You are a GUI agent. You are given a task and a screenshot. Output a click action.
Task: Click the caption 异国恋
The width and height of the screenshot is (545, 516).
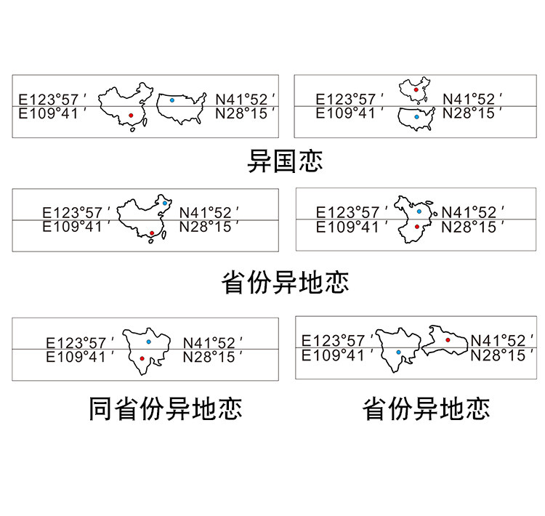[x=284, y=160]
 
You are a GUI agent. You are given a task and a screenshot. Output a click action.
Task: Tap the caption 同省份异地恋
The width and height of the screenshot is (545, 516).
[x=165, y=408]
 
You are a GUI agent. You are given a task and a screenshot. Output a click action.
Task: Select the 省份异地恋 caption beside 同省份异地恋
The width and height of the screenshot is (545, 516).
[x=426, y=408]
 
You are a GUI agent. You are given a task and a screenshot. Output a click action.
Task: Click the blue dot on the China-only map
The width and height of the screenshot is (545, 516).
[x=166, y=203]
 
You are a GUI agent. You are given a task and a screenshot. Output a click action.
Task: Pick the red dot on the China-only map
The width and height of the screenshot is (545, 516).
[x=150, y=233]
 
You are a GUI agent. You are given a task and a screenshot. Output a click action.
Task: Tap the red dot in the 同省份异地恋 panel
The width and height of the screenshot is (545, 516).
[x=142, y=358]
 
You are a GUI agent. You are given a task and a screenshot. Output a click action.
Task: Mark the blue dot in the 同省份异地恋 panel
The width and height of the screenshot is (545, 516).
[x=148, y=340]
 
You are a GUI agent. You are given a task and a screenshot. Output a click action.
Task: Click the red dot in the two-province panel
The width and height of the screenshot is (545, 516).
[x=448, y=339]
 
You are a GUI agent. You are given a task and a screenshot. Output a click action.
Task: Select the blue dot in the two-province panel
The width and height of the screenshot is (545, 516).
[x=398, y=352]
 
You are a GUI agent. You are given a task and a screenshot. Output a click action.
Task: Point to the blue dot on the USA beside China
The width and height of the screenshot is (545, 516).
[x=171, y=100]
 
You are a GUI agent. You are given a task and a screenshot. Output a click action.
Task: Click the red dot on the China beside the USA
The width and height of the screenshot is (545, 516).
[x=130, y=115]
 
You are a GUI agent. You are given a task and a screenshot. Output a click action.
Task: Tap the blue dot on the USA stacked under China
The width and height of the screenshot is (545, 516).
[x=416, y=116]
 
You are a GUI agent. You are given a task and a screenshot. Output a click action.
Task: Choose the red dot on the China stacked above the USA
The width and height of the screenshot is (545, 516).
[x=416, y=89]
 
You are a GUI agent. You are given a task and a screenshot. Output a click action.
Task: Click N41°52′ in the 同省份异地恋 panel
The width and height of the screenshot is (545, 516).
[x=212, y=342]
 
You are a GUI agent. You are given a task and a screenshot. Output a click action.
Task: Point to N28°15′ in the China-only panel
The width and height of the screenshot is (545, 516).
[x=209, y=227]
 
